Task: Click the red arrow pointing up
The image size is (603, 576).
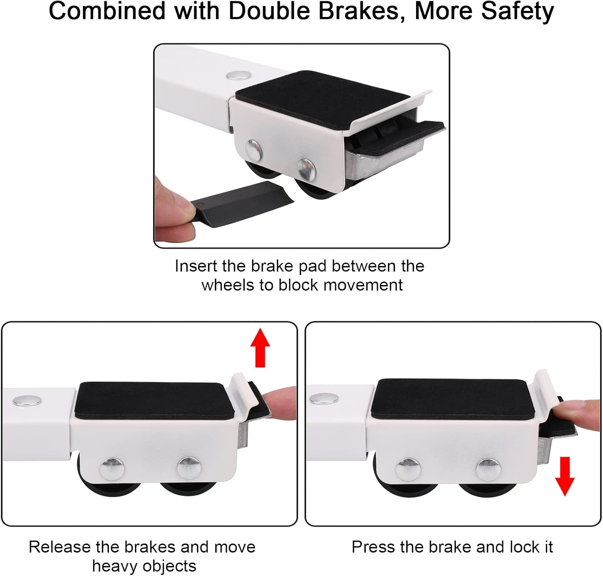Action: click(x=260, y=347)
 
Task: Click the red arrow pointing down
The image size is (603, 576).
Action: click(x=565, y=476)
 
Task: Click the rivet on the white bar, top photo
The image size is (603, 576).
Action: click(x=238, y=75)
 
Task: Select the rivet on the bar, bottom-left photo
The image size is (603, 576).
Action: click(x=27, y=400)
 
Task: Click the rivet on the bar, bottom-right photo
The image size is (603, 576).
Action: click(x=324, y=398)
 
